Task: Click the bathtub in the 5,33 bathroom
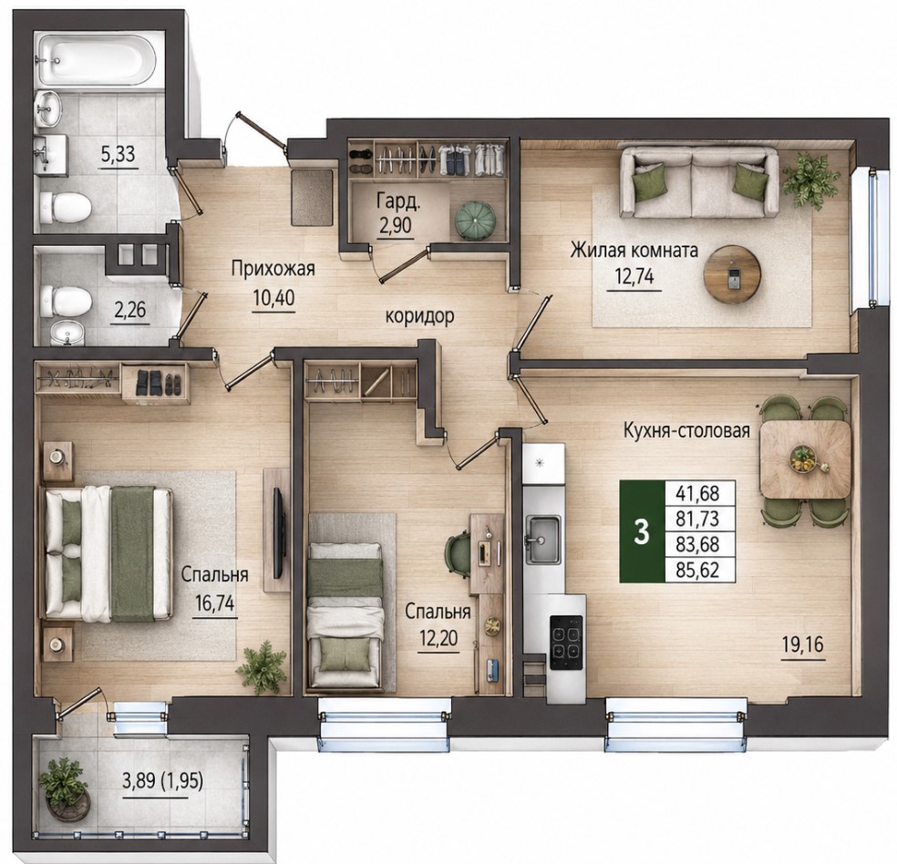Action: click(x=96, y=60)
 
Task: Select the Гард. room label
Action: click(x=398, y=201)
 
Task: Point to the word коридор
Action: click(x=420, y=315)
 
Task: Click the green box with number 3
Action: click(x=643, y=531)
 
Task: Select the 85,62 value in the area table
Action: click(x=697, y=571)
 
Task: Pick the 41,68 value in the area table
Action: click(x=697, y=492)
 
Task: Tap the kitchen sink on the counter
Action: click(x=543, y=539)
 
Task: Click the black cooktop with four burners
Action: click(x=566, y=642)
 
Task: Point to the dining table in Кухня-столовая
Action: click(x=805, y=459)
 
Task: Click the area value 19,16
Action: click(x=803, y=645)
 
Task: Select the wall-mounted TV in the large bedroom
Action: click(x=280, y=532)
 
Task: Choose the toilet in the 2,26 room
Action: click(x=66, y=302)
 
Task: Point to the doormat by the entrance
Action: click(x=311, y=197)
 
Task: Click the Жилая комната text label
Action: click(x=634, y=251)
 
